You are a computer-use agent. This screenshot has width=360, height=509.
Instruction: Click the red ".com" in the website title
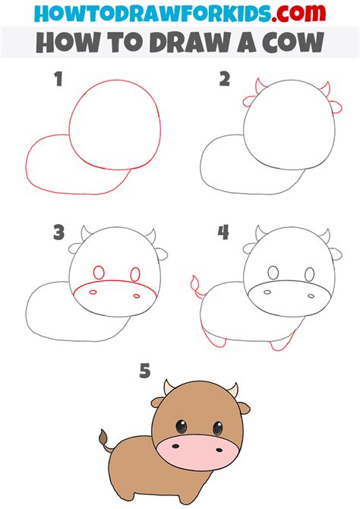point(298,13)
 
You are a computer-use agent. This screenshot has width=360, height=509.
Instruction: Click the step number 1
point(58,79)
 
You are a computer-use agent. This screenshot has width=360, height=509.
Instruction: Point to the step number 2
point(225,79)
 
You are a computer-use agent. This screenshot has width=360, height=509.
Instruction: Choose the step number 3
point(58,232)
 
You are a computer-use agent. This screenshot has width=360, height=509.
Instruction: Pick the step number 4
point(223,232)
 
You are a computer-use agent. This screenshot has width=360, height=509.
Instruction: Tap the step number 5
point(145,371)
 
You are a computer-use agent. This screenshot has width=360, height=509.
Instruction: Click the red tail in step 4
point(196,286)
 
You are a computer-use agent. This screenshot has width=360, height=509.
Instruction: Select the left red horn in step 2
point(260,86)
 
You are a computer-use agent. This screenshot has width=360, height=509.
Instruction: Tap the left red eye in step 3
point(99,273)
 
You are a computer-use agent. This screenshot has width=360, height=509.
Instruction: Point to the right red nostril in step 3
point(137,296)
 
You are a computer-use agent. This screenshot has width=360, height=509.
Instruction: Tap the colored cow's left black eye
point(181,426)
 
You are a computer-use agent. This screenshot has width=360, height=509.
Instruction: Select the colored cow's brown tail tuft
point(103,437)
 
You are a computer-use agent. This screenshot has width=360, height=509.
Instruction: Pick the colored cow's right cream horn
point(234,390)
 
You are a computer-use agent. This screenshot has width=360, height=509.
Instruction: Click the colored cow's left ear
point(157,403)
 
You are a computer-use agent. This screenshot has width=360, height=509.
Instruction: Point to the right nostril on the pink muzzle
point(219,450)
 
